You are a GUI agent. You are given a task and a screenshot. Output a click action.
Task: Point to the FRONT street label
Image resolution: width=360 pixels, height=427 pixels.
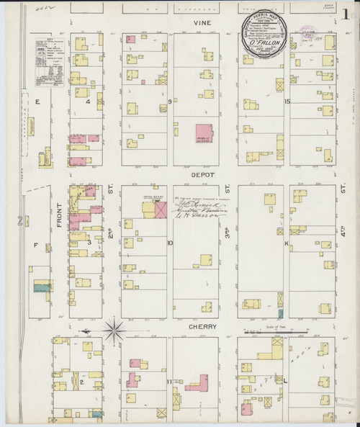click(x=58, y=215)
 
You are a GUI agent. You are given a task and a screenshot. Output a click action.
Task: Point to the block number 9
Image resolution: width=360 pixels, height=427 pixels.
click(x=170, y=102)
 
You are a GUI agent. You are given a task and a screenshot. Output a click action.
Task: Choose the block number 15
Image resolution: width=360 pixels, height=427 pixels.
click(x=287, y=102)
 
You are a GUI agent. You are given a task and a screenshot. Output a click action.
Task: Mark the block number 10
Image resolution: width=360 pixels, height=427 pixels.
click(x=170, y=243)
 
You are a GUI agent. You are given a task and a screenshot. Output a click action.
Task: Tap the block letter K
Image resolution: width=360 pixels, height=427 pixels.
click(x=287, y=243)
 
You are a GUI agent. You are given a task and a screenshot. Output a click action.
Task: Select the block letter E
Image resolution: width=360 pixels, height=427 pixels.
click(x=35, y=102)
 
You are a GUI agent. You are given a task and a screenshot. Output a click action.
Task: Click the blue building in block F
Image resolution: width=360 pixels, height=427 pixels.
click(x=40, y=289)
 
